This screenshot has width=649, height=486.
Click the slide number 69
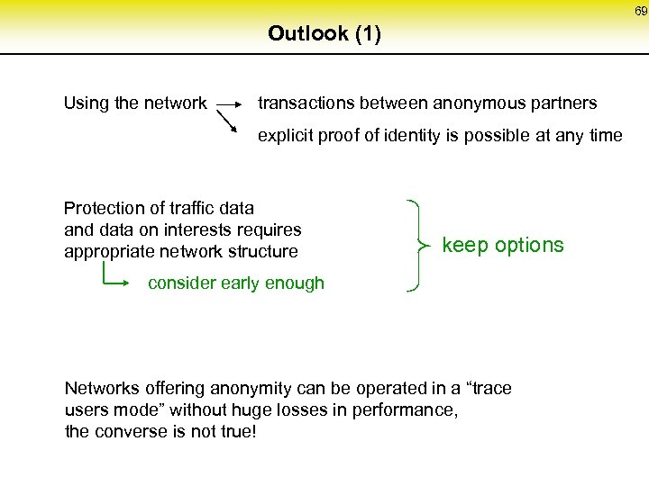click(639, 11)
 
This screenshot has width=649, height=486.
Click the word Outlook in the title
click(307, 34)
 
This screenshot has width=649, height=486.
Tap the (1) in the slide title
click(368, 34)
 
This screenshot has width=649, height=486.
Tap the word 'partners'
click(565, 103)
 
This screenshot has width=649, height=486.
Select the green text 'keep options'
click(503, 245)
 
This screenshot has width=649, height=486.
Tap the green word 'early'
click(238, 283)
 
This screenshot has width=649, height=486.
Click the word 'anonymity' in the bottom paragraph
click(251, 389)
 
